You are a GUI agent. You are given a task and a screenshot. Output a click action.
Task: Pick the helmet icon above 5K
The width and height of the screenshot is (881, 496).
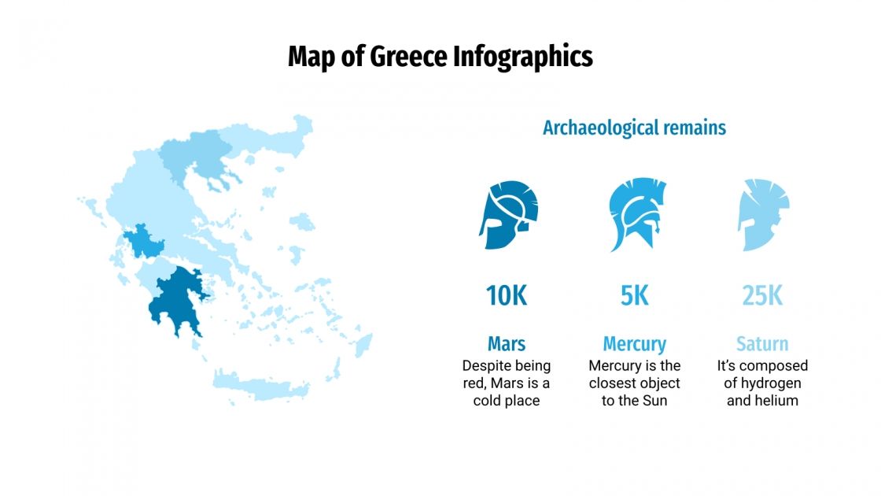point(636,215)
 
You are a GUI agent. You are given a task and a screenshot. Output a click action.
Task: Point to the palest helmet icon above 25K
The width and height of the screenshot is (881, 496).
point(763,215)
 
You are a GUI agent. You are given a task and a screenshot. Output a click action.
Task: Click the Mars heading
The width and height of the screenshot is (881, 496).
point(506,344)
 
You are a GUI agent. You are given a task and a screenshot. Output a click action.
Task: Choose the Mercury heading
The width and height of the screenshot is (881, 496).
point(634,344)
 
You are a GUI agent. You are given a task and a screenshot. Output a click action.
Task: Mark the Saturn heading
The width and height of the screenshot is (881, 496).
point(762,344)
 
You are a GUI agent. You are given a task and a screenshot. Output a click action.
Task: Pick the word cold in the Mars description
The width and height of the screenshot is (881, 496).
point(488,401)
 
